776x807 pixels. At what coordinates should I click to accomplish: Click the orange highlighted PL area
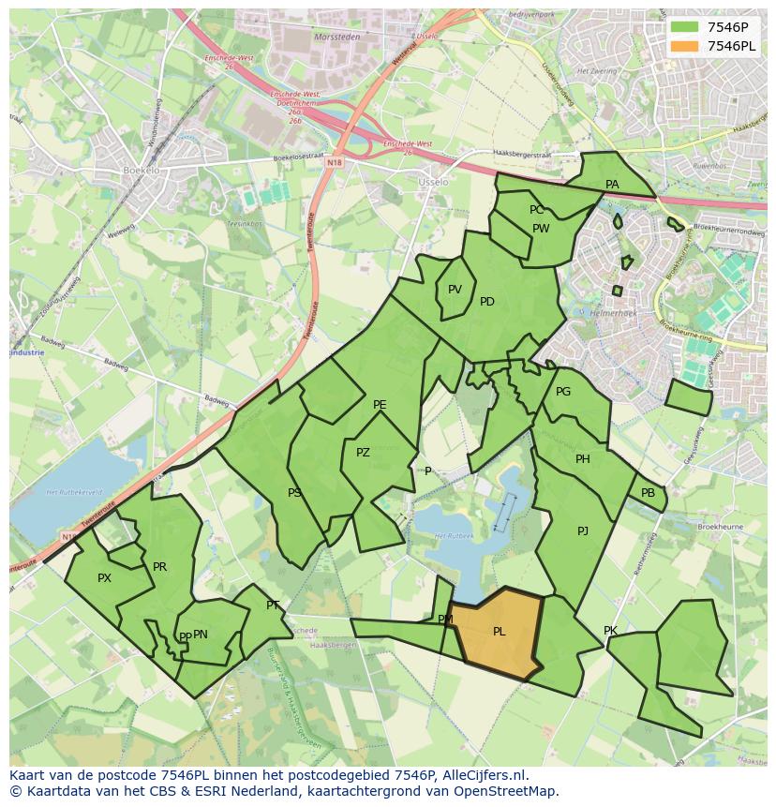click(498, 633)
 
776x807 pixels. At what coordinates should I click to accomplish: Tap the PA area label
click(612, 185)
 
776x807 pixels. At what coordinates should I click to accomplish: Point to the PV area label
click(455, 290)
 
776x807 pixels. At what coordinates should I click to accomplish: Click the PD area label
click(487, 302)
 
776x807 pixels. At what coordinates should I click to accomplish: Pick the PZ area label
click(363, 453)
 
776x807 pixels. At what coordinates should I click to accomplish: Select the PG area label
click(563, 392)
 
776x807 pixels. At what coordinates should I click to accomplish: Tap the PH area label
click(583, 459)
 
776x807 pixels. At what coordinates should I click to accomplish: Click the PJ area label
click(583, 531)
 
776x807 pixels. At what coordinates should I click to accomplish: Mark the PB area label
click(648, 493)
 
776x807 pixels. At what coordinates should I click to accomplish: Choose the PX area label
click(104, 578)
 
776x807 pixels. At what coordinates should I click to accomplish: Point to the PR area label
click(159, 567)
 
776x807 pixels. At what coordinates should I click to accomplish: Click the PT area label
click(273, 605)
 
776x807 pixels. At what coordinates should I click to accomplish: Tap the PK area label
click(610, 631)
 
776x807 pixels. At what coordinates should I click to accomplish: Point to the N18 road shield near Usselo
click(335, 162)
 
